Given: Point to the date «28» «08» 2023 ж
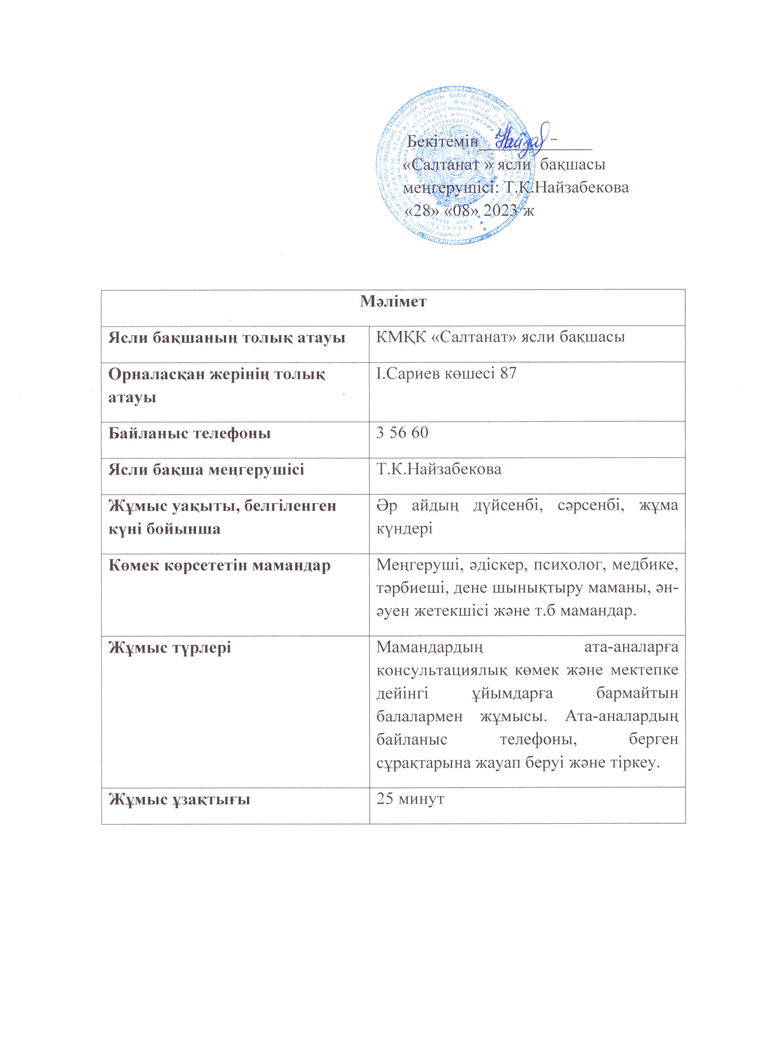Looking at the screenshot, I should tap(470, 210).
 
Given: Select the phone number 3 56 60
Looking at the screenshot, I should tap(402, 433).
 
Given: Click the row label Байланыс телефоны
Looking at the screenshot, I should tap(189, 434).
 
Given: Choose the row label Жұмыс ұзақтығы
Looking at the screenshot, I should tap(179, 799).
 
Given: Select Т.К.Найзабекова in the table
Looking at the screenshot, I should tap(439, 469).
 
